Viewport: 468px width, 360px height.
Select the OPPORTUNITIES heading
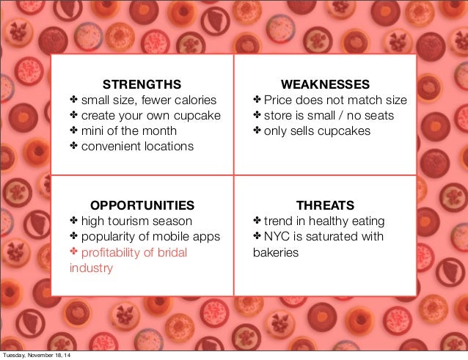tap(142, 205)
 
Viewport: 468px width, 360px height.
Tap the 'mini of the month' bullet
tap(128, 131)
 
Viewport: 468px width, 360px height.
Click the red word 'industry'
tap(91, 268)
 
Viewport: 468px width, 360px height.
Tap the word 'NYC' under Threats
tap(277, 236)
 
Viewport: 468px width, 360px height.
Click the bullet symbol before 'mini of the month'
tap(73, 131)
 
